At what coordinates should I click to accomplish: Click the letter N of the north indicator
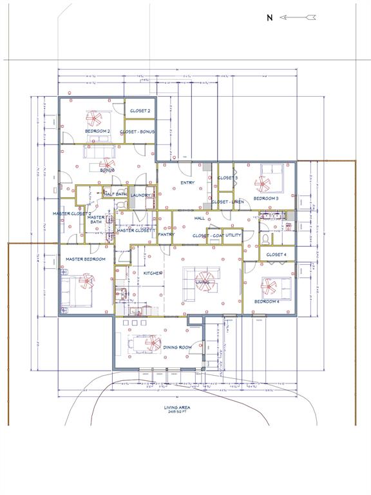tap(269, 18)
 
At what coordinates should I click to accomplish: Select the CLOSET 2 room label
tap(140, 111)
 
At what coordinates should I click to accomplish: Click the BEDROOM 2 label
tap(97, 131)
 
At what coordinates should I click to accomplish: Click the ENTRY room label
tap(187, 182)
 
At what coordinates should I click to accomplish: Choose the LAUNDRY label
tap(140, 195)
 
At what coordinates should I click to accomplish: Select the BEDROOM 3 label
tap(265, 199)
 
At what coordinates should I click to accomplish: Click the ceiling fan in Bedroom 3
tap(263, 184)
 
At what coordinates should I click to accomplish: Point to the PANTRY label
tap(166, 235)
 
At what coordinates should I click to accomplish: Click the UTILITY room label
tap(233, 235)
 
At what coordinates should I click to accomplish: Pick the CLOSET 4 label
tap(276, 255)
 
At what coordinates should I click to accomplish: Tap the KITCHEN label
tap(153, 273)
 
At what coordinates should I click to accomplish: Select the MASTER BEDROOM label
tap(86, 259)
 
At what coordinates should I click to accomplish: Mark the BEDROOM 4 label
tap(266, 302)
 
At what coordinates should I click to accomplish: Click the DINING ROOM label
tap(177, 347)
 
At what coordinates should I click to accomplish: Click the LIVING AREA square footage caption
tap(176, 411)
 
